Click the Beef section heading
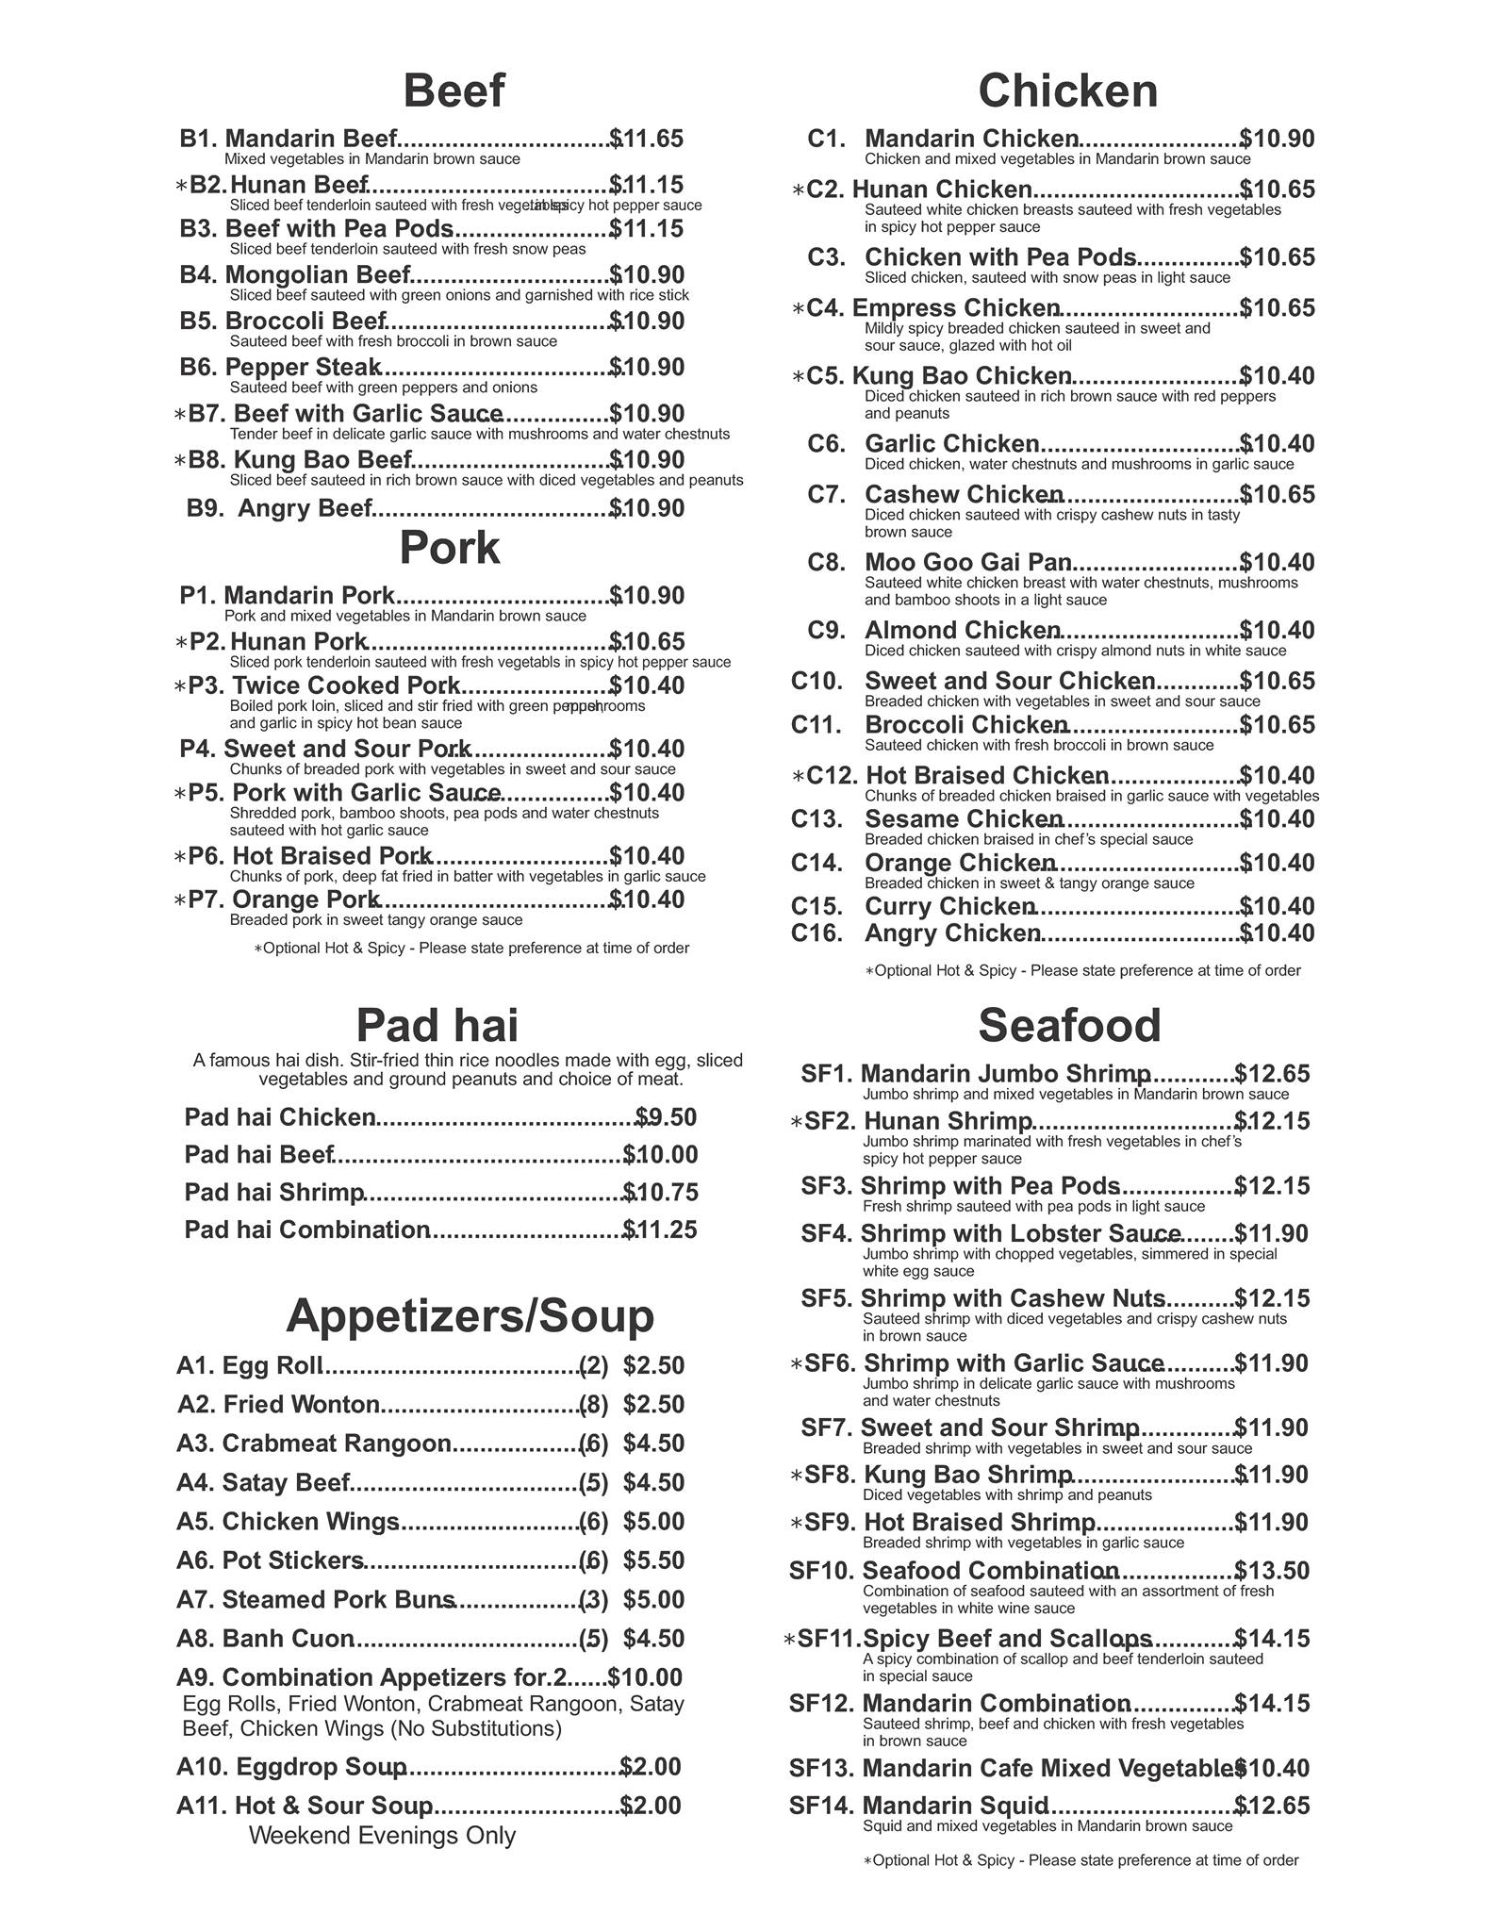coord(454,91)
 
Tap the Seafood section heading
coord(1069,1025)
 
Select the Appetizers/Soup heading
coord(470,1315)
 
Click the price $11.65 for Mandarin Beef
coord(647,139)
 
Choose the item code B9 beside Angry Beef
coord(205,508)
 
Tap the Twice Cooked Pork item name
coord(346,685)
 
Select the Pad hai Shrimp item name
coord(274,1193)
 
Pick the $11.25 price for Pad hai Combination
coord(660,1230)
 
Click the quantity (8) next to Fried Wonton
coord(593,1405)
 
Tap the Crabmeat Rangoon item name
coord(337,1444)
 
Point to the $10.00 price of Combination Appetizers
coord(646,1677)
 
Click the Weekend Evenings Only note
coord(382,1835)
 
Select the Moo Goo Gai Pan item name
coord(967,563)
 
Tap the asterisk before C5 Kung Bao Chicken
coord(798,377)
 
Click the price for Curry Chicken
coord(1277,907)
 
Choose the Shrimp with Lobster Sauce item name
coord(1020,1233)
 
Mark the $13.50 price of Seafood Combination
coord(1272,1571)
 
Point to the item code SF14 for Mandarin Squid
coord(821,1806)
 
